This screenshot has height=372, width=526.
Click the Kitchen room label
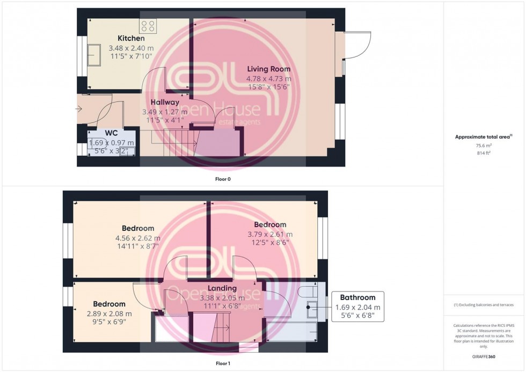click(131, 39)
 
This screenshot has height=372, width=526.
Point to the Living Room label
click(268, 69)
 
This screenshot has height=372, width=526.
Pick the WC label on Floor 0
click(112, 132)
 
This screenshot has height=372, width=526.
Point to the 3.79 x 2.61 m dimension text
click(270, 234)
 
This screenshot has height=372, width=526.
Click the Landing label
click(222, 289)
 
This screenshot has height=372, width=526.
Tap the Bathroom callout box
click(359, 307)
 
